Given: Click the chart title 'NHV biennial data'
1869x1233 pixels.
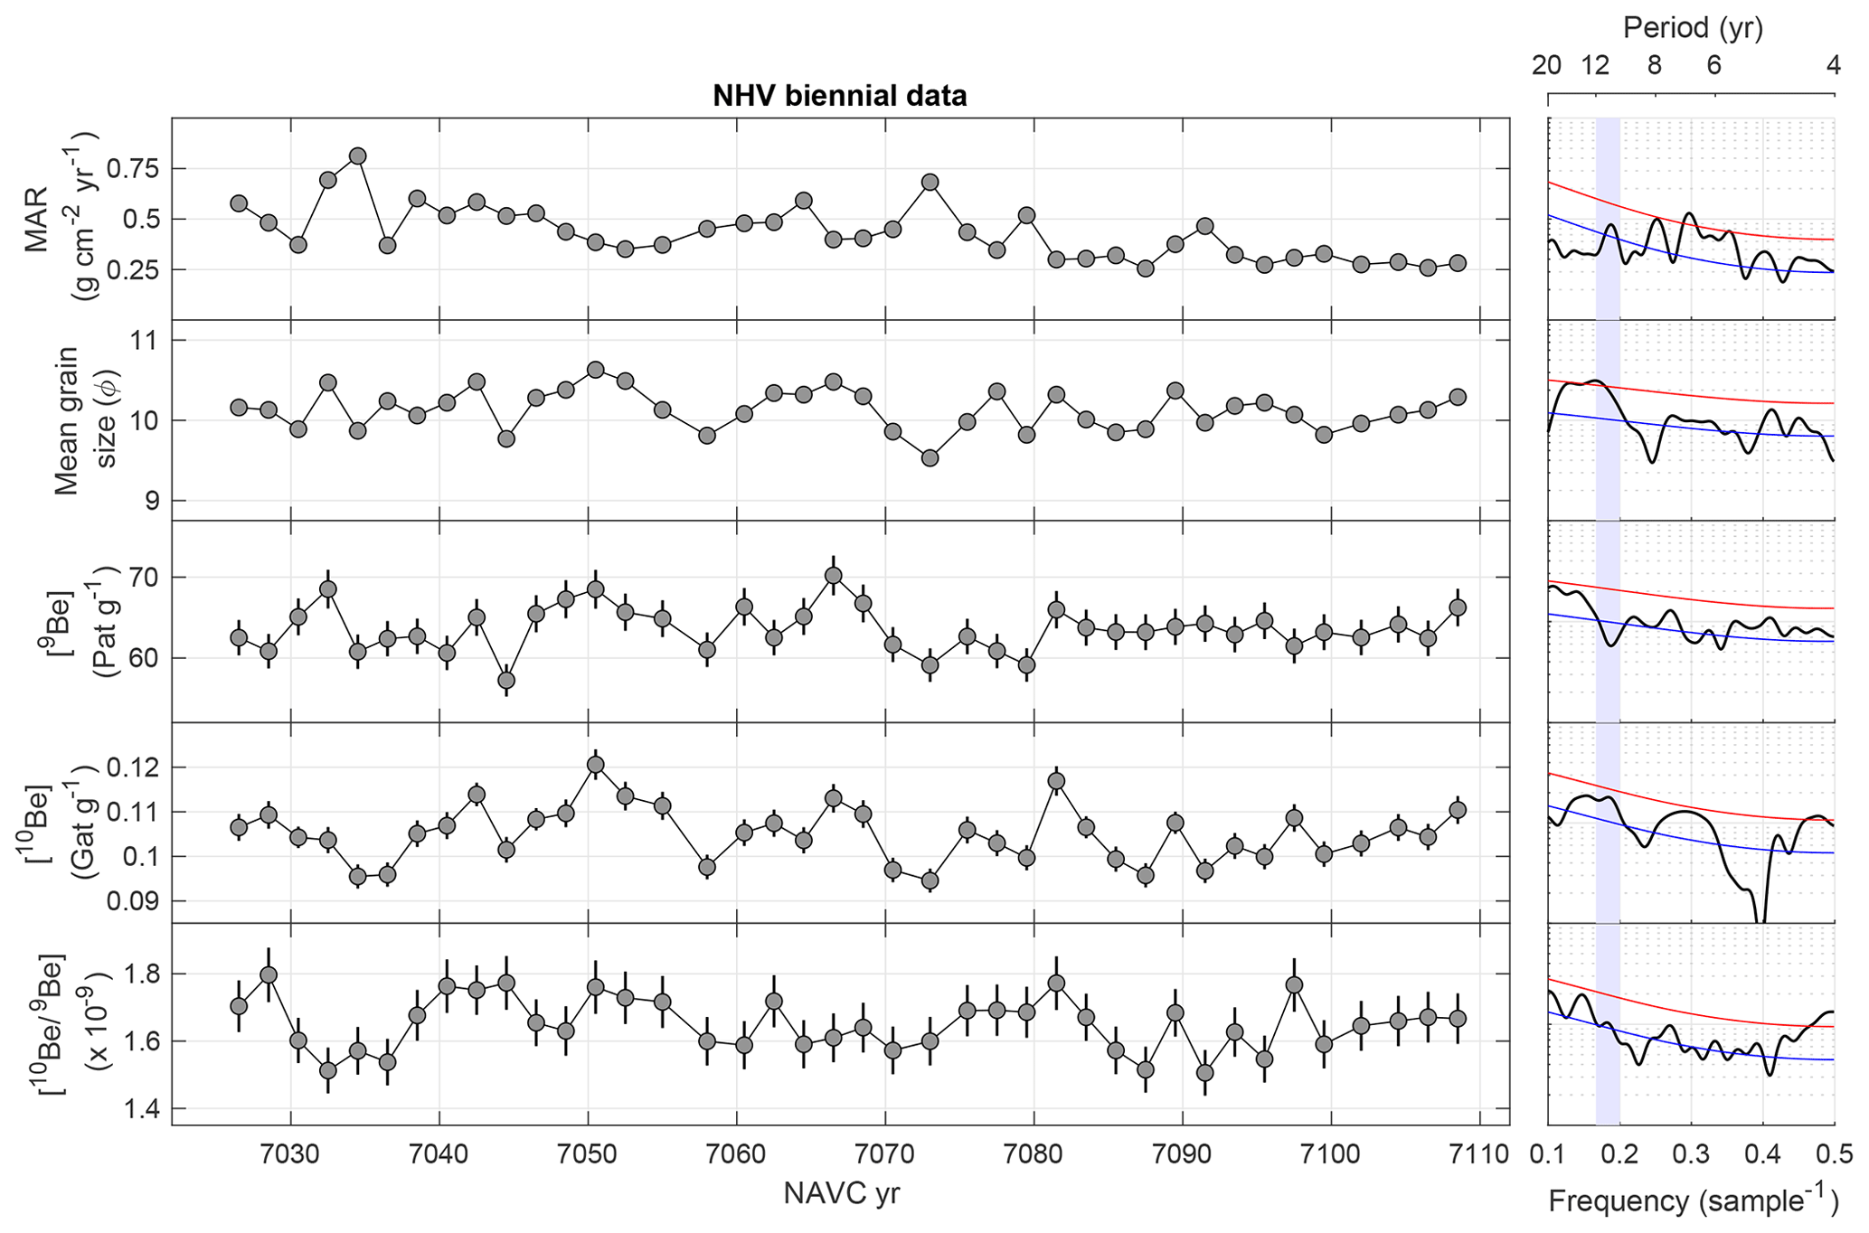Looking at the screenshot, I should coord(839,96).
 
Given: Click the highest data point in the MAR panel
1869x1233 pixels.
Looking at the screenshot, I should coord(357,156).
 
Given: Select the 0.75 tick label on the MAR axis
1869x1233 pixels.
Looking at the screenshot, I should coord(133,169).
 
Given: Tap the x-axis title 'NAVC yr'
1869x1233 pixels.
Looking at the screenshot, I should coord(841,1193).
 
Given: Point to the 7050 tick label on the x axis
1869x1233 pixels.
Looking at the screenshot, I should coord(588,1154).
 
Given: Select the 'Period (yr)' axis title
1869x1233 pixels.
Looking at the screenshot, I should coord(1692,28).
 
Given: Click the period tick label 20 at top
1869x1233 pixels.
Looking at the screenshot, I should coord(1547,66).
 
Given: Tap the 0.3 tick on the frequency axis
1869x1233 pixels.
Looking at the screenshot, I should coord(1691,1154).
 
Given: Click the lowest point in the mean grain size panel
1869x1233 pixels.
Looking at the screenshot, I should coord(930,458).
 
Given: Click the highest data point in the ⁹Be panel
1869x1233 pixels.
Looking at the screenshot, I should coord(834,576).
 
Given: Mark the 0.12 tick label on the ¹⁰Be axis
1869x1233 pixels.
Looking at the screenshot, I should coord(133,767).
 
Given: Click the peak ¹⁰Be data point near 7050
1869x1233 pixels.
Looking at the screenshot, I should coord(595,765).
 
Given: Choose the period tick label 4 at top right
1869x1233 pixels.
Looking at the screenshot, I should coord(1833,66).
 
